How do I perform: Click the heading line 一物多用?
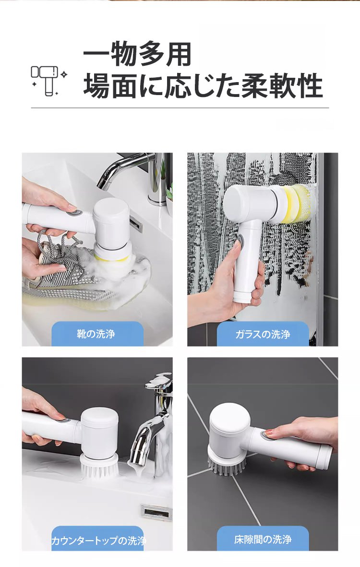(x=138, y=54)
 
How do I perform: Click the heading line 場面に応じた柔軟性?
(x=203, y=86)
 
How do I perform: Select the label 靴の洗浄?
(x=96, y=333)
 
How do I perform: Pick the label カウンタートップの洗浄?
(x=98, y=541)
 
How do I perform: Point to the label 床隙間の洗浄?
(x=263, y=540)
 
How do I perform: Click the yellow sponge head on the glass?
(x=298, y=200)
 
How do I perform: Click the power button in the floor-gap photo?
(x=268, y=435)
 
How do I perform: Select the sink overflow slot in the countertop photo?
(x=156, y=512)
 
